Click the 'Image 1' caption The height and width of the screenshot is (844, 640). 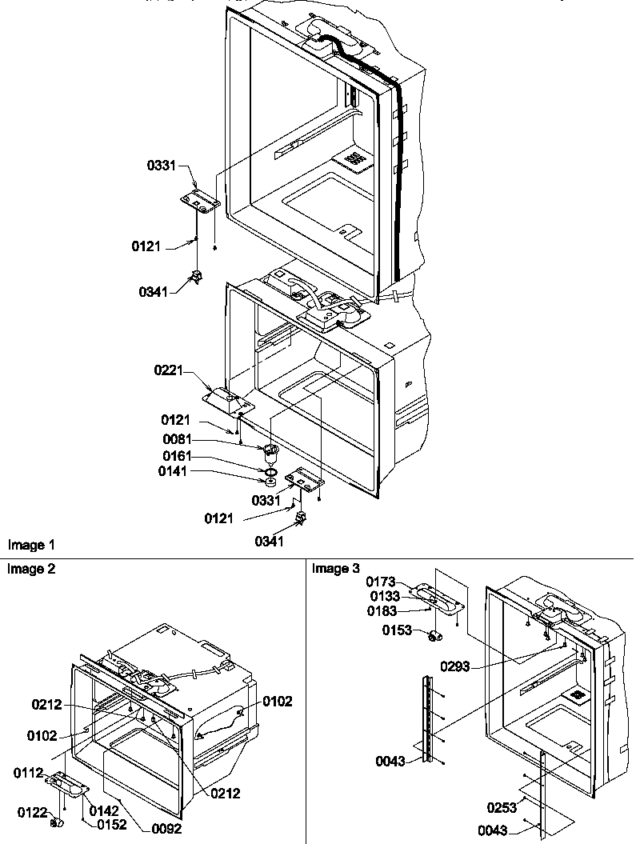[31, 545]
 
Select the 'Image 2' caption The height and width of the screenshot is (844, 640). [31, 569]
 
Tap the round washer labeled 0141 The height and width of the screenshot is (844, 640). [271, 482]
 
